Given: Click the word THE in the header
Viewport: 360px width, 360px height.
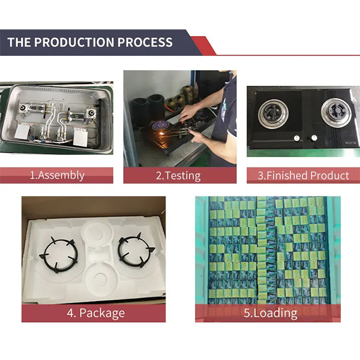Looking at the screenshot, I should coord(20,43).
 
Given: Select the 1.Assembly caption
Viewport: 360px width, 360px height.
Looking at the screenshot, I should coord(57,176).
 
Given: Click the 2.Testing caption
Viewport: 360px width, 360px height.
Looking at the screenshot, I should coord(178,176).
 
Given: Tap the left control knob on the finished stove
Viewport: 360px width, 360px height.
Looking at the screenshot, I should coord(295,139).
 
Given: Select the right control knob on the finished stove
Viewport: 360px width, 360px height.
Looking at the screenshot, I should coord(313,139).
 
